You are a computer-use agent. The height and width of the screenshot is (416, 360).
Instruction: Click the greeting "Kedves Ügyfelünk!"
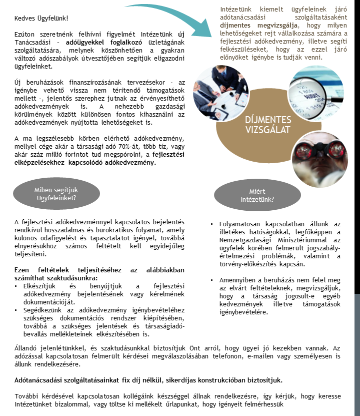41,19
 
